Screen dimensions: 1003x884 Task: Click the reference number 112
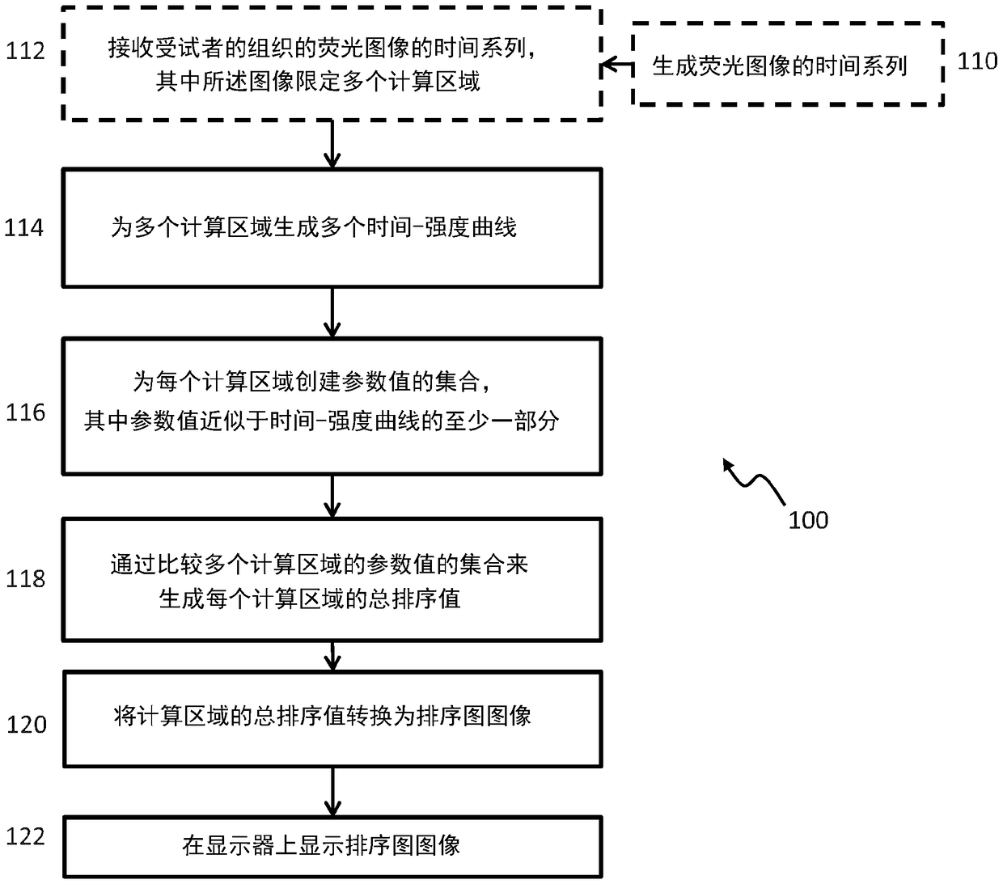(25, 51)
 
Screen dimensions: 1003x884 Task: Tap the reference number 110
(977, 61)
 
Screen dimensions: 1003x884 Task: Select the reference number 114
(24, 228)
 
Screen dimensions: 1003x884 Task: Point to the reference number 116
(25, 412)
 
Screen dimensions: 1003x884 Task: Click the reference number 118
(25, 579)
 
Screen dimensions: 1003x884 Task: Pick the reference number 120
(27, 725)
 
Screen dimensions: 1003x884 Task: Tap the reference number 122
(25, 836)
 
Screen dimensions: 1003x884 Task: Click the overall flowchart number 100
(808, 520)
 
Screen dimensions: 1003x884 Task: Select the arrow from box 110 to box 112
(617, 65)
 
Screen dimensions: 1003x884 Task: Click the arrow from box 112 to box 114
(332, 144)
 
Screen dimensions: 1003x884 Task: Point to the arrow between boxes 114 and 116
(332, 312)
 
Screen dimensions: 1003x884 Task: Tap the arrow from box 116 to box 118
(332, 497)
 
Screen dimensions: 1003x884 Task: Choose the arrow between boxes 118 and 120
(332, 656)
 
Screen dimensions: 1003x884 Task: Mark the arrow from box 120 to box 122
(332, 792)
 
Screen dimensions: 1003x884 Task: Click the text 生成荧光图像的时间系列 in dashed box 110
(779, 66)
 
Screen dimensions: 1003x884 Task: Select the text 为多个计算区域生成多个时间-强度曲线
(313, 228)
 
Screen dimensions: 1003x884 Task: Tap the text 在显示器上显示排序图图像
(321, 845)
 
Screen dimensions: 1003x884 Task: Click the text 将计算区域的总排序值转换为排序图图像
(322, 716)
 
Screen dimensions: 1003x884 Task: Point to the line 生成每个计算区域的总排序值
(310, 598)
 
